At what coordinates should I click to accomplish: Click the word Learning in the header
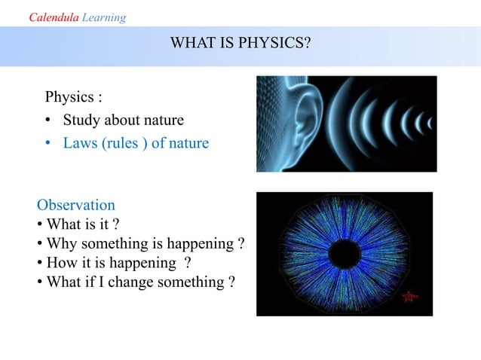[x=104, y=17]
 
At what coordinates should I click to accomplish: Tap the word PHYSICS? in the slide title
[x=279, y=44]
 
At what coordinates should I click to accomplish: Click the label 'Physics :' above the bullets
[x=73, y=97]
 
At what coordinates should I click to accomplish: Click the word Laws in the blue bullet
[x=80, y=142]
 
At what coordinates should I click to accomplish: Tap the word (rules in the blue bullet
[x=121, y=142]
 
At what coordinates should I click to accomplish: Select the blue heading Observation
[x=76, y=205]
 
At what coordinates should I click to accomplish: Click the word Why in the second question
[x=61, y=243]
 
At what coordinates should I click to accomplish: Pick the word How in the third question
[x=61, y=263]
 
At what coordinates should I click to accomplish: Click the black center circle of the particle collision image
[x=345, y=252]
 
